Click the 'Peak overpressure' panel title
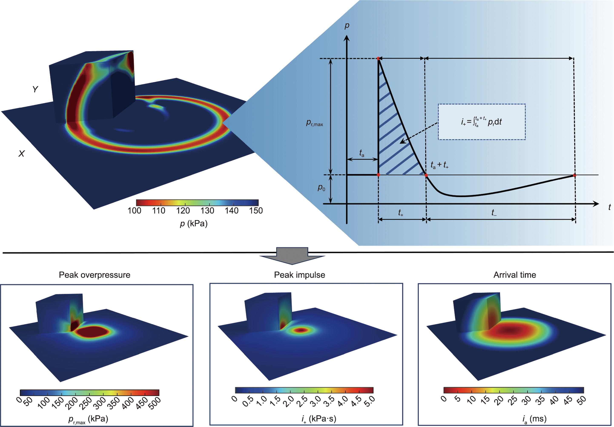pos(94,275)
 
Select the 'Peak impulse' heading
pos(299,275)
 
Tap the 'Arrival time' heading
pos(515,275)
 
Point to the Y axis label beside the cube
pos(35,89)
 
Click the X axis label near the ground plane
pos(21,154)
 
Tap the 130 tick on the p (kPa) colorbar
pos(207,211)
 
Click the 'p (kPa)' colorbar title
pos(194,223)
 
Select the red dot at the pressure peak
pos(378,59)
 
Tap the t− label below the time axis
pos(494,213)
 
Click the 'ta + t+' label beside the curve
pos(439,165)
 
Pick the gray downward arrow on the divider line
pos(292,255)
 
